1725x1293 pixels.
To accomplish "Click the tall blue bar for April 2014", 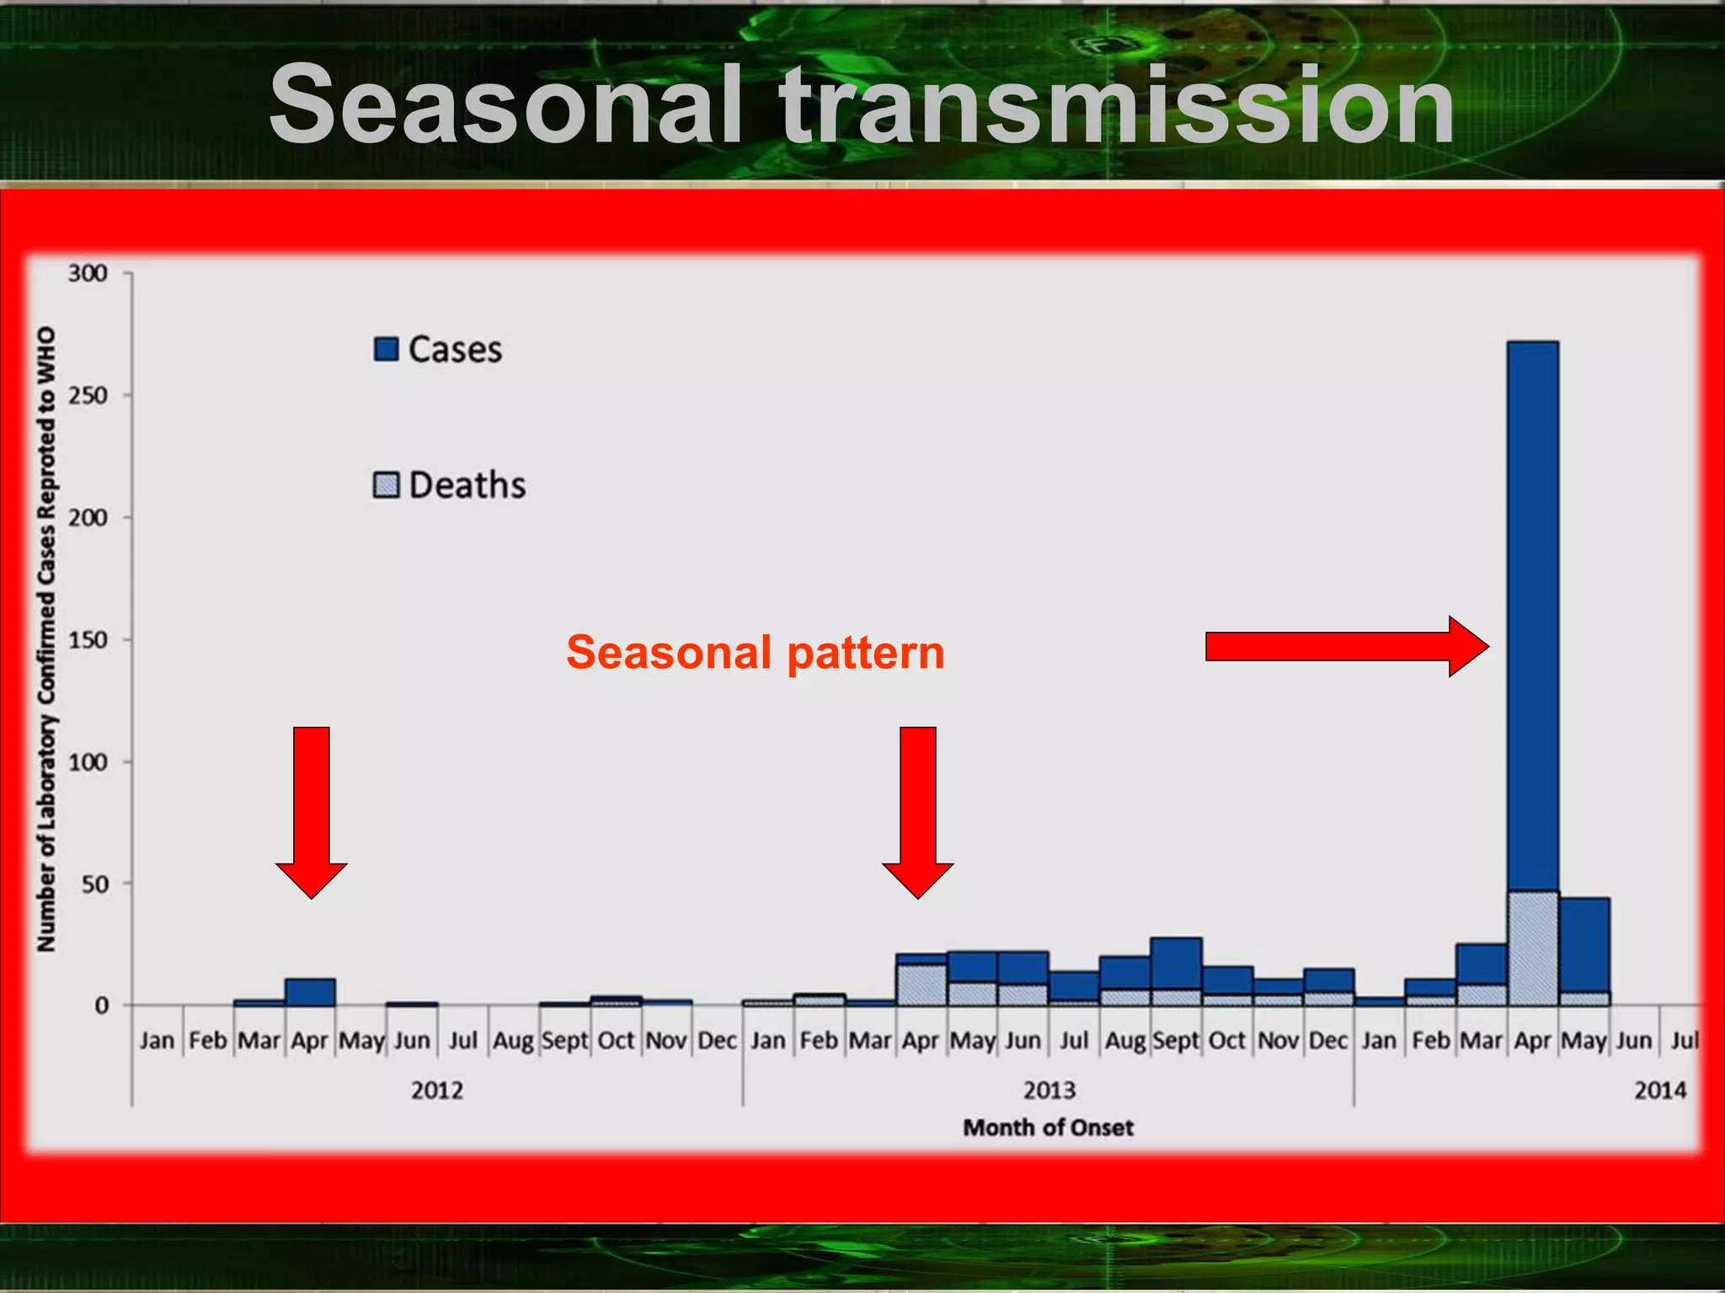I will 1533,615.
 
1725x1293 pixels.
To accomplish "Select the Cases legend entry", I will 438,350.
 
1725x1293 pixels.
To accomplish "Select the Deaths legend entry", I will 450,486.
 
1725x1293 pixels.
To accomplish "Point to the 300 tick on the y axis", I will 88,274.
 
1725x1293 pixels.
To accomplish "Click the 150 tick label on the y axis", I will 88,640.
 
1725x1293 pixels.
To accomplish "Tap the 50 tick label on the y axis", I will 94,884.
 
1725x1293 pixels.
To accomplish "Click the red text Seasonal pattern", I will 756,653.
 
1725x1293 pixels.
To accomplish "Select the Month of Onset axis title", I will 1048,1127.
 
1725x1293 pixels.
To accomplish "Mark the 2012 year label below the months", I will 436,1090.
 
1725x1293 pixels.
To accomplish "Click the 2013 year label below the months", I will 1049,1090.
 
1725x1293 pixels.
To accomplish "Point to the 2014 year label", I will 1659,1090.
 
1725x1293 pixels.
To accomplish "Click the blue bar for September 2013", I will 1176,964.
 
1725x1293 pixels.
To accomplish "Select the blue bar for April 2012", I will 310,992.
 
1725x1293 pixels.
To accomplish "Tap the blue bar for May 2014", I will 1584,944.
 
